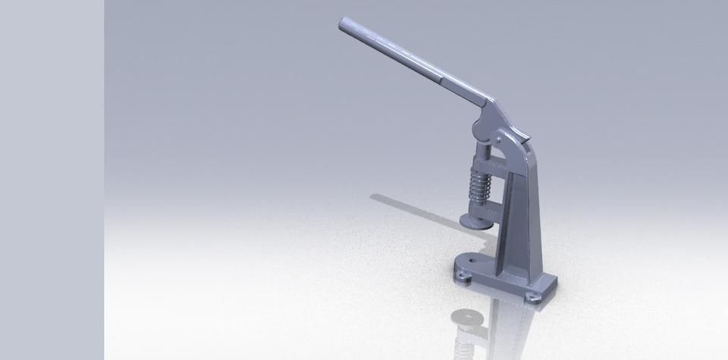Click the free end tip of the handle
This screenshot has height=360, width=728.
tap(343, 24)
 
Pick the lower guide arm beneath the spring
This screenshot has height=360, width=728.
tap(485, 206)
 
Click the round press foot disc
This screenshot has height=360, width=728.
tap(475, 221)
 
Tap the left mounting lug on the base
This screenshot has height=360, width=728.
tap(462, 277)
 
